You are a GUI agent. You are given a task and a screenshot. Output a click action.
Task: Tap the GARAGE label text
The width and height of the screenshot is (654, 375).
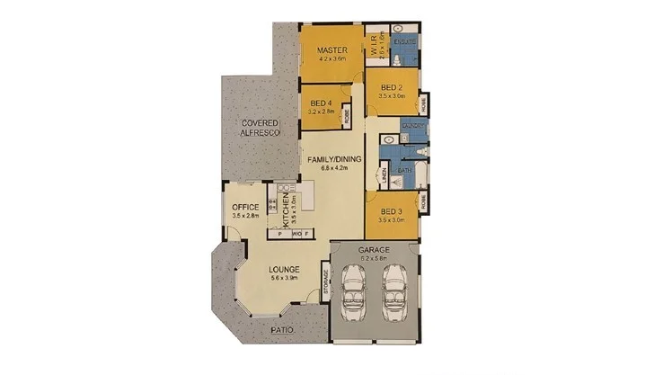click(373, 248)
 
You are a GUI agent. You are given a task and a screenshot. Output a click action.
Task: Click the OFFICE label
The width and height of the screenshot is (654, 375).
click(245, 208)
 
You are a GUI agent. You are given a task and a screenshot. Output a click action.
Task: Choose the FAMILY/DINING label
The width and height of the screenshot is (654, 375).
click(333, 159)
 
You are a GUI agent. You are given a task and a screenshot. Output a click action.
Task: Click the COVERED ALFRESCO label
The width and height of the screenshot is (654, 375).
click(261, 128)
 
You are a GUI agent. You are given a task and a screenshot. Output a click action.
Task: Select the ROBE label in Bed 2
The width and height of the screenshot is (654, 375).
click(424, 103)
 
